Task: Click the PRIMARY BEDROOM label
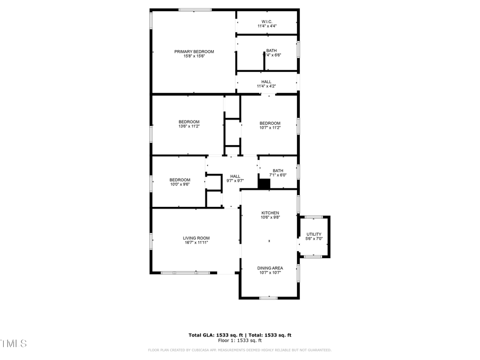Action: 194,52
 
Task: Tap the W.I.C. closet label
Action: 267,22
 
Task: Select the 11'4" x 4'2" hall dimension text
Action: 266,86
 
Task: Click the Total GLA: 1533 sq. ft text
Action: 214,335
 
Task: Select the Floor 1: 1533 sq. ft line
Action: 239,340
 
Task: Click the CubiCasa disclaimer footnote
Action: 239,350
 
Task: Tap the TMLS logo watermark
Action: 13,343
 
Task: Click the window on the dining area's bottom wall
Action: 269,298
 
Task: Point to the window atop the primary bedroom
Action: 195,10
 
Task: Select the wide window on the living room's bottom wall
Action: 186,273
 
